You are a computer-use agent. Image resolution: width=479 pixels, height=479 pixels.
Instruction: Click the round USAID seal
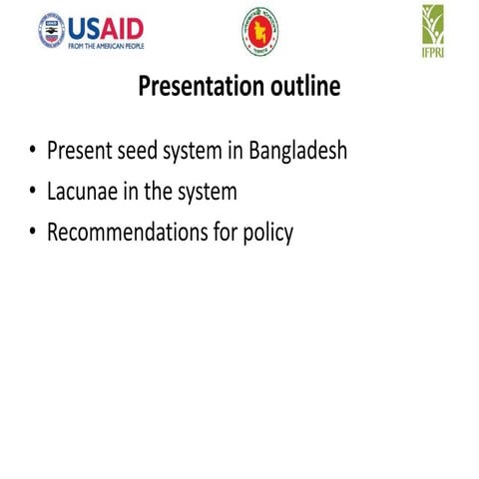tap(51, 31)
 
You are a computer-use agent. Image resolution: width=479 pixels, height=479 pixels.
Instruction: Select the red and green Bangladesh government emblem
tap(259, 31)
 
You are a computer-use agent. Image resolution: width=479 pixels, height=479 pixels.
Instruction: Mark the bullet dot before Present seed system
tap(32, 153)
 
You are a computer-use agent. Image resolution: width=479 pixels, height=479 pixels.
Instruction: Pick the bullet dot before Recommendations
tap(32, 234)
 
